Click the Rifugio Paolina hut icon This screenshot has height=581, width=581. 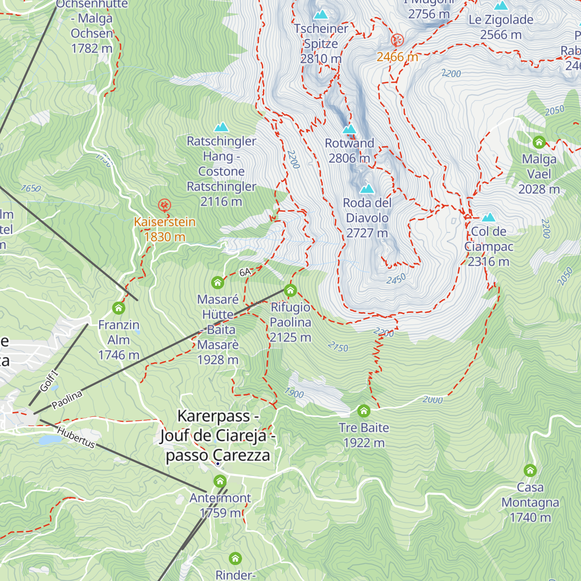click(x=290, y=290)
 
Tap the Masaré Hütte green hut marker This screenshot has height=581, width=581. click(x=217, y=282)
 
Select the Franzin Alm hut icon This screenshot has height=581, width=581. click(x=118, y=308)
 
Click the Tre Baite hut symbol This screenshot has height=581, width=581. click(x=364, y=411)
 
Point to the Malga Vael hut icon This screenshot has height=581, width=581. click(x=539, y=142)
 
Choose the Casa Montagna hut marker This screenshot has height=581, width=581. click(x=530, y=470)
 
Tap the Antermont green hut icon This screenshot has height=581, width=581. click(x=220, y=481)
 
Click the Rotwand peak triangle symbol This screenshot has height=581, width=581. click(x=349, y=129)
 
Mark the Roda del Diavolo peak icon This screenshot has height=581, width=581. click(x=367, y=188)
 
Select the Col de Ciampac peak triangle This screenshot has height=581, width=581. click(x=489, y=217)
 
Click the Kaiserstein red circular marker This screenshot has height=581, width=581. click(x=165, y=205)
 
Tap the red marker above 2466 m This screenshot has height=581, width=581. click(x=397, y=40)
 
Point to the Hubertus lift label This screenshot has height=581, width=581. click(x=76, y=438)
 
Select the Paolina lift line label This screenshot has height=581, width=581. click(x=67, y=400)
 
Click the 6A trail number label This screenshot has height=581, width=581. click(x=245, y=273)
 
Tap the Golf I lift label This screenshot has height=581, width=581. click(x=48, y=381)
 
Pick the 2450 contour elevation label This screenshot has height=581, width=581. click(x=396, y=279)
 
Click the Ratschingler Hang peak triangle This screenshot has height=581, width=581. click(x=221, y=127)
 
